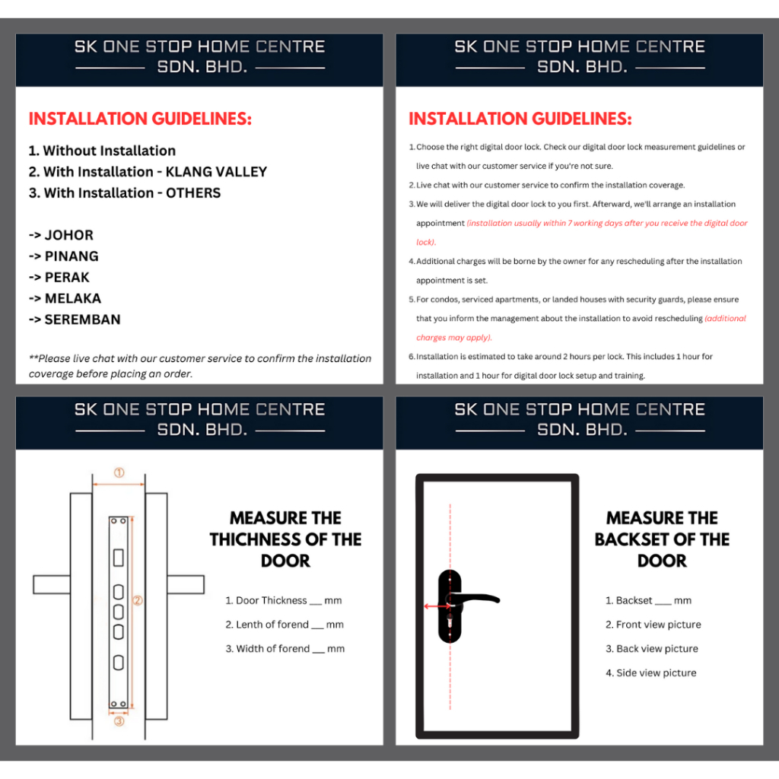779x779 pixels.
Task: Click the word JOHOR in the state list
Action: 69,235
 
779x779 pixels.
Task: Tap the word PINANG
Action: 72,256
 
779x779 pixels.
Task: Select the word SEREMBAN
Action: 82,320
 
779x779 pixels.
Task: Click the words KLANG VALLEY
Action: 216,172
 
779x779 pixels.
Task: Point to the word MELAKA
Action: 73,298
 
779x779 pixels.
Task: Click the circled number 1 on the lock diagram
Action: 119,472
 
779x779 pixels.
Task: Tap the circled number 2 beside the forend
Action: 138,600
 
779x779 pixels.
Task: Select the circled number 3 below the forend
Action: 119,721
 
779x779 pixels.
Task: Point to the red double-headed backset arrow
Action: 437,606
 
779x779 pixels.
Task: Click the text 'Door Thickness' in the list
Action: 272,601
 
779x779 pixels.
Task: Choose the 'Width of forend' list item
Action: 285,649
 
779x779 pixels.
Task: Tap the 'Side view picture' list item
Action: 651,673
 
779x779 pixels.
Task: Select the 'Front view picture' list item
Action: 653,625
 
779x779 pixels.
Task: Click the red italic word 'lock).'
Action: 426,243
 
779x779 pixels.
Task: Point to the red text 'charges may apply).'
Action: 454,338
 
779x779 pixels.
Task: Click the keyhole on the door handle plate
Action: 450,622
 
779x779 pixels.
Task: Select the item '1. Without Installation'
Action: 103,151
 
